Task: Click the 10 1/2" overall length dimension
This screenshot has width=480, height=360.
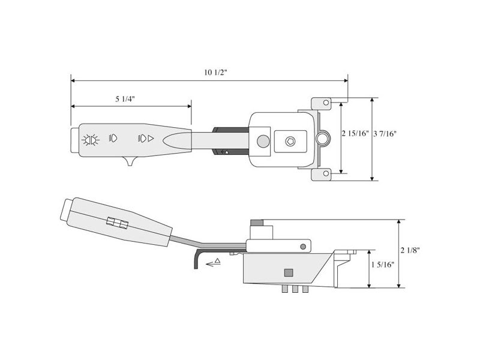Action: click(215, 73)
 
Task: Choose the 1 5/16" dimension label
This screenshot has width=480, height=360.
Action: click(382, 265)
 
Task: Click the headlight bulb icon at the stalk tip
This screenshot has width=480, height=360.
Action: click(90, 139)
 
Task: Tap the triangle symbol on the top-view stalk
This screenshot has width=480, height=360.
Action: click(151, 139)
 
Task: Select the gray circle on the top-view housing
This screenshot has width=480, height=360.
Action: click(262, 142)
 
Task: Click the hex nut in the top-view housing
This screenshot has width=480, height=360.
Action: click(291, 142)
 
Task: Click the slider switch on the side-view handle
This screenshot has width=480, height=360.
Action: click(116, 223)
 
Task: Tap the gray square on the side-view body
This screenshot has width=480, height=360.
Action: click(289, 272)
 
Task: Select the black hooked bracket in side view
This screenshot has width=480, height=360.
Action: click(197, 258)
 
